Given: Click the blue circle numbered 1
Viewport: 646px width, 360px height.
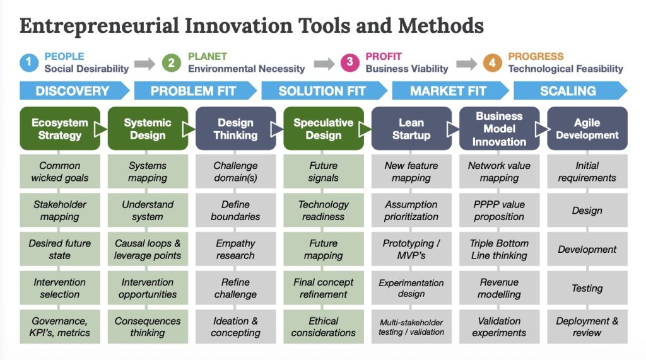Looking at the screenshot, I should click(29, 62).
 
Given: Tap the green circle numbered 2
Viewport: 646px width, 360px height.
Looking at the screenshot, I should click(172, 62).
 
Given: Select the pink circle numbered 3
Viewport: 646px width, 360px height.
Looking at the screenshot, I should click(349, 62).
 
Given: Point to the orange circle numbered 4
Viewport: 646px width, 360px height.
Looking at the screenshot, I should click(493, 62).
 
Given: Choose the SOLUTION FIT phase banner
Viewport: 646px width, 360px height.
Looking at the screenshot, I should click(322, 91).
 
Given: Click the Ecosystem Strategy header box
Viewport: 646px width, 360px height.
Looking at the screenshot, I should click(60, 129).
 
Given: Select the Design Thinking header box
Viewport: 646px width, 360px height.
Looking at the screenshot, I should click(235, 129).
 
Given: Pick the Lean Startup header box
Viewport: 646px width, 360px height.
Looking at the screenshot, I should click(411, 129).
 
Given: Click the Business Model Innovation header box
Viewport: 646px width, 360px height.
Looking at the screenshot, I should click(499, 129).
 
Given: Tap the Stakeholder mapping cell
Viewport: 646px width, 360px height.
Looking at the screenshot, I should click(60, 211).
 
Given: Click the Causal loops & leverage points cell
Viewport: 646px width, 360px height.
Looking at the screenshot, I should click(148, 250).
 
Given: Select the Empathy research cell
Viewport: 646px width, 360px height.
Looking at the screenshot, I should click(235, 250).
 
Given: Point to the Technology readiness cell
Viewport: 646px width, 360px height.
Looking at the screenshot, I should click(324, 211).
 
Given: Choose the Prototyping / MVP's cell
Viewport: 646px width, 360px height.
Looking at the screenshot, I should click(411, 250).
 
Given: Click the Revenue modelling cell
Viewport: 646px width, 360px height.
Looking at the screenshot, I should click(499, 288).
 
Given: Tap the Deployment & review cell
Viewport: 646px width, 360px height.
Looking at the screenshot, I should click(587, 327).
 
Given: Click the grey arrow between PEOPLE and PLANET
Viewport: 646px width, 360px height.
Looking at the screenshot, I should click(144, 63).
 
